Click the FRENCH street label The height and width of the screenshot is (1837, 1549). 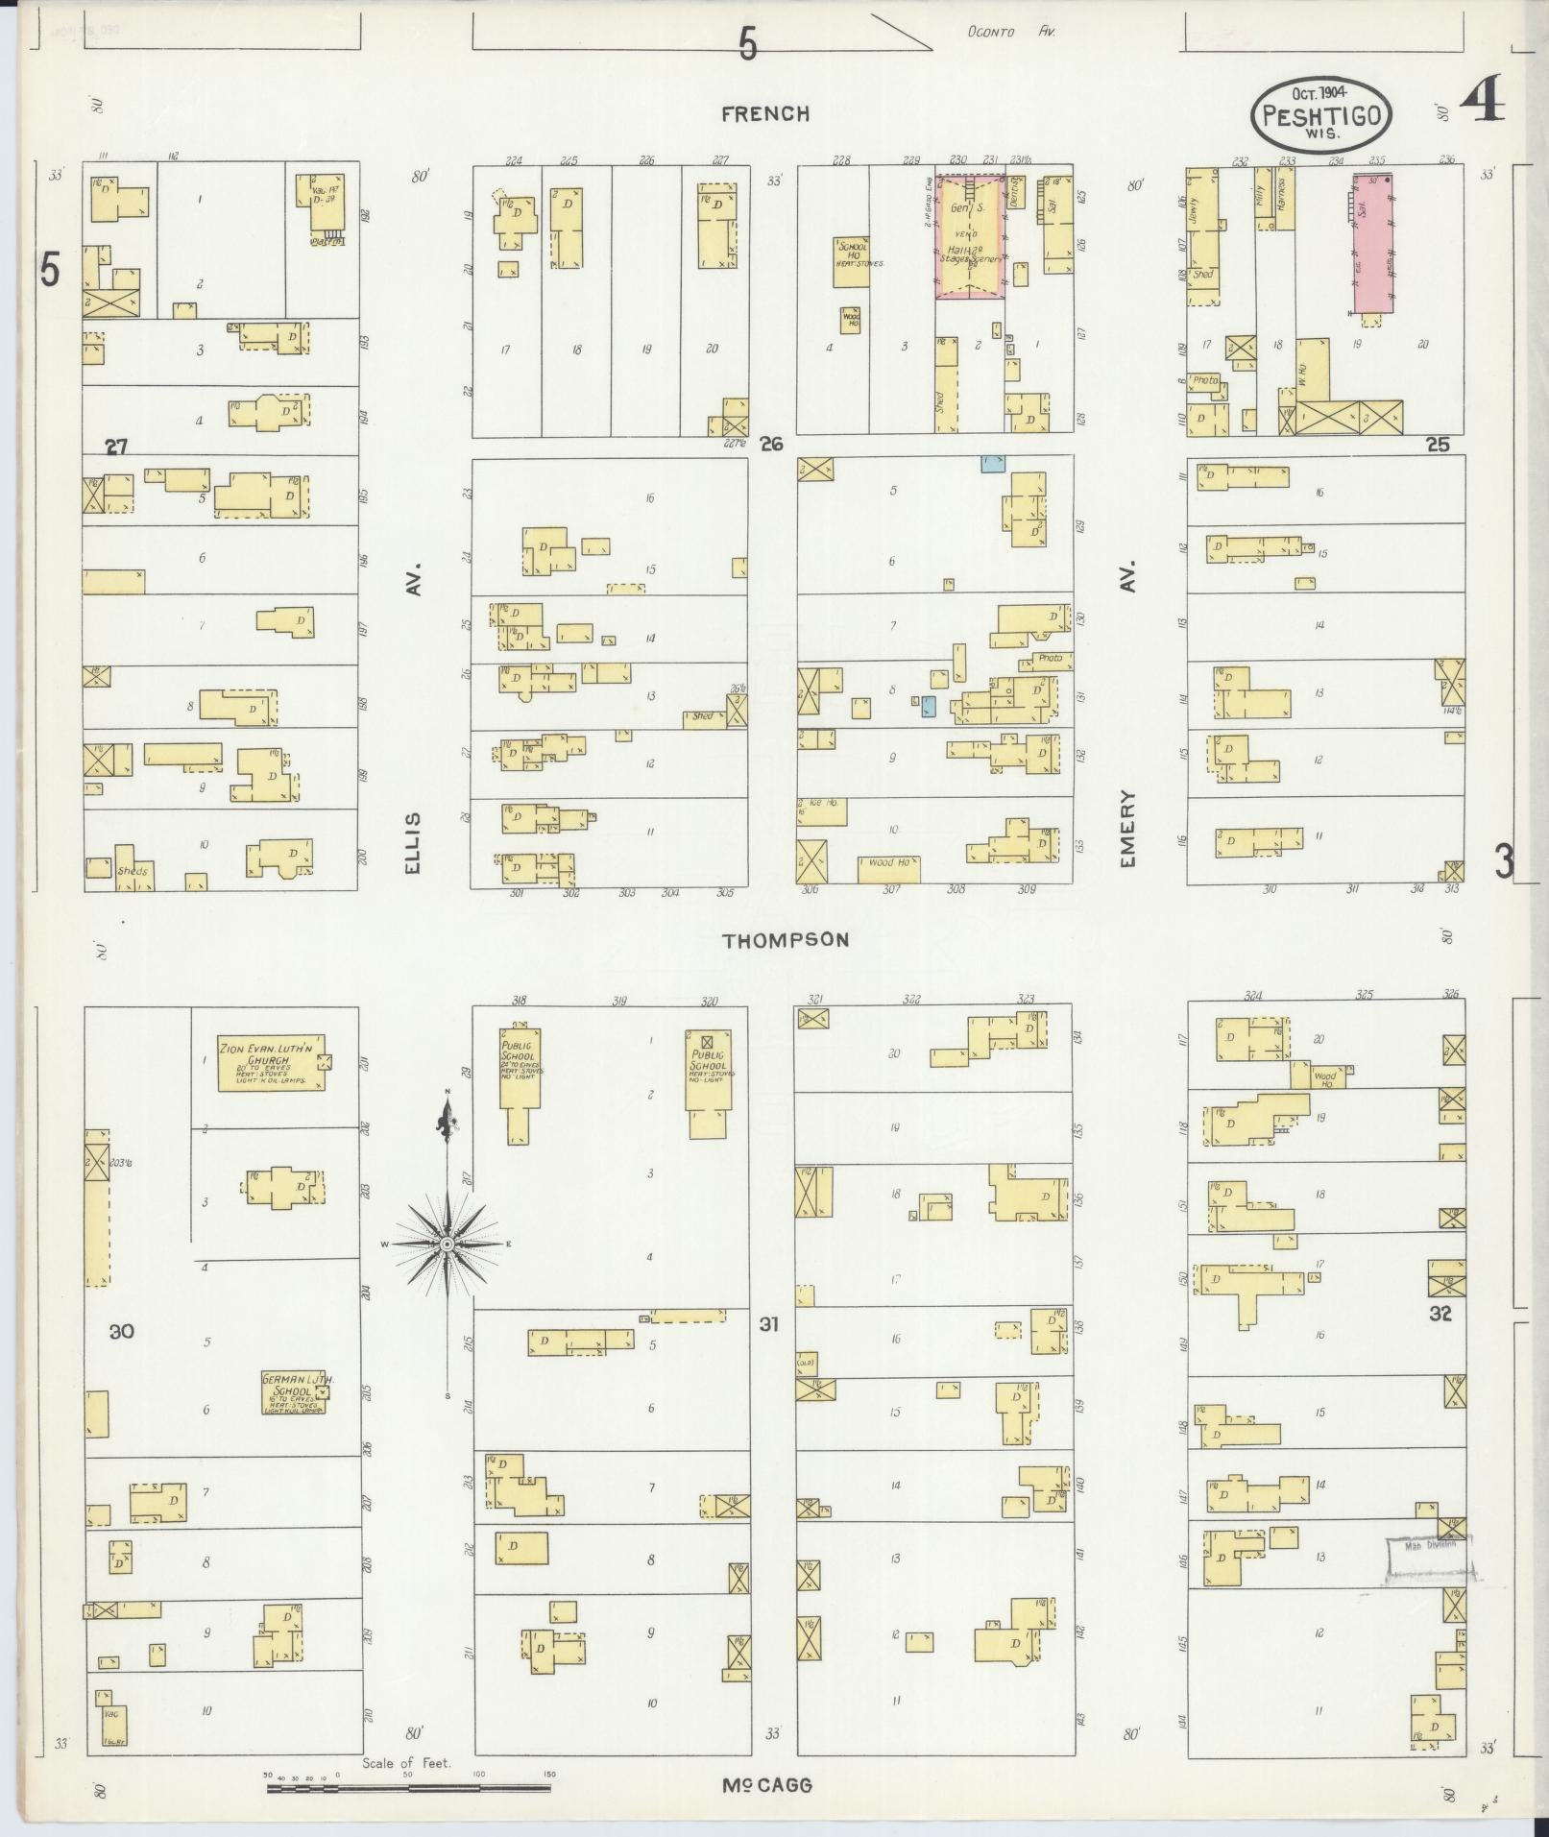tap(765, 114)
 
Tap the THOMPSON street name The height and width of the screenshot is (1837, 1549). tap(786, 940)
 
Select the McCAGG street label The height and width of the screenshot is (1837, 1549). tap(767, 1785)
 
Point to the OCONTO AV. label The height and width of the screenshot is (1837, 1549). tap(1011, 32)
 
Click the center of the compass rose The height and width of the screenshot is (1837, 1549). tap(447, 1244)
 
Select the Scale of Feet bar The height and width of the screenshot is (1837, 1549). tap(409, 1788)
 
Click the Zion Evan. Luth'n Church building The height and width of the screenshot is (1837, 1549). tap(271, 1062)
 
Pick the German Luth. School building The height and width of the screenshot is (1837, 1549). tap(294, 1392)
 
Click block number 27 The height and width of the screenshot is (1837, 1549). tap(116, 447)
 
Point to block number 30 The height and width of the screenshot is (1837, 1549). tap(122, 1331)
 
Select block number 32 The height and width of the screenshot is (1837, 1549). tap(1440, 1314)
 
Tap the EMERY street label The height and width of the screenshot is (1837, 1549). tap(1127, 830)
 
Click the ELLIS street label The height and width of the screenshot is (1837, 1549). tap(413, 842)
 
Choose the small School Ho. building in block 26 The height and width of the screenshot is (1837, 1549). tap(851, 261)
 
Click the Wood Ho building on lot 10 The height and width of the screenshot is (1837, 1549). tap(888, 869)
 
